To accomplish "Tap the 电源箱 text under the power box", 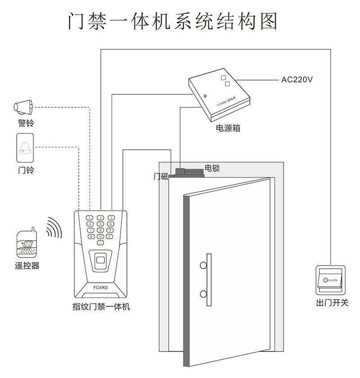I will [x=228, y=128].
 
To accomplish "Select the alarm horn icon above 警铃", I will [x=23, y=107].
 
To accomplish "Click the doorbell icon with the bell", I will [x=25, y=148].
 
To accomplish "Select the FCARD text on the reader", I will [x=100, y=286].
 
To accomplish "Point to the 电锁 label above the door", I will [x=212, y=168].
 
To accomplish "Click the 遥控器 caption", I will [x=27, y=266].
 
